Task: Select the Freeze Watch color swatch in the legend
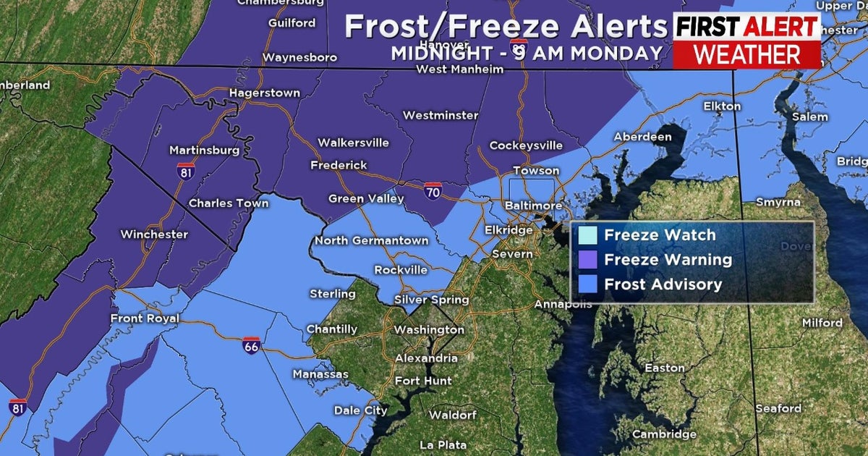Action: [x=588, y=236]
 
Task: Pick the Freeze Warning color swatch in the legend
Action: [x=588, y=260]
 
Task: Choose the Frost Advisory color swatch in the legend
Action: [x=588, y=284]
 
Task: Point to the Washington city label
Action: [x=429, y=329]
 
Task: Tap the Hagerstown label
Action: [x=264, y=93]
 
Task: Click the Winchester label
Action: [x=154, y=234]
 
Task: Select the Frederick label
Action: [x=339, y=165]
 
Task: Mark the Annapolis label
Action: [x=563, y=304]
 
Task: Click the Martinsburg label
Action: [x=194, y=151]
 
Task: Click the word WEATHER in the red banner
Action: [x=747, y=54]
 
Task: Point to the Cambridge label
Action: [x=665, y=434]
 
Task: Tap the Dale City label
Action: [x=360, y=410]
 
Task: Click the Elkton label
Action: [x=722, y=106]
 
